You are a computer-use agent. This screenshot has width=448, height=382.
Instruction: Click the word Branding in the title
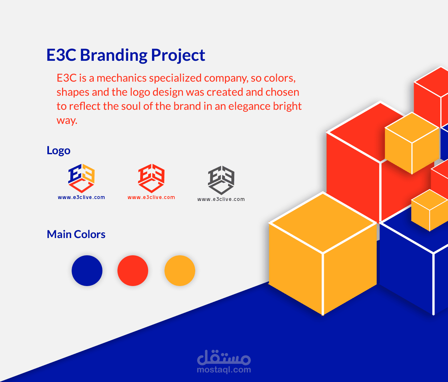pyautogui.click(x=114, y=55)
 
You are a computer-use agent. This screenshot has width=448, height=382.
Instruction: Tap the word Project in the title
pyautogui.click(x=178, y=55)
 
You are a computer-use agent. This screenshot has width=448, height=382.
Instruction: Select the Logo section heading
pyautogui.click(x=59, y=150)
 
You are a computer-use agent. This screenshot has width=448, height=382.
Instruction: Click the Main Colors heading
pyautogui.click(x=76, y=234)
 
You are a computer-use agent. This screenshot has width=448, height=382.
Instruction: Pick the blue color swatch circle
pyautogui.click(x=87, y=271)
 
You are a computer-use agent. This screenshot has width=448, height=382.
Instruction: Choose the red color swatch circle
pyautogui.click(x=133, y=271)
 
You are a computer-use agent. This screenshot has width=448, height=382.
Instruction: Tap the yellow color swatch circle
pyautogui.click(x=180, y=271)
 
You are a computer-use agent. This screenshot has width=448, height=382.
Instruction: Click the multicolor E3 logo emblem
pyautogui.click(x=81, y=178)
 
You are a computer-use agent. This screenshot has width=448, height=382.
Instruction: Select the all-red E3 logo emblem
pyautogui.click(x=151, y=178)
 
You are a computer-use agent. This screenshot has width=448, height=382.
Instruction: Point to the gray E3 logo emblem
pyautogui.click(x=221, y=180)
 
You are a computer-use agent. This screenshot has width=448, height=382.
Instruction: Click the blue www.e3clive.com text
pyautogui.click(x=81, y=197)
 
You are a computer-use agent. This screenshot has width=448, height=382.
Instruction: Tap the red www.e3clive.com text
pyautogui.click(x=151, y=197)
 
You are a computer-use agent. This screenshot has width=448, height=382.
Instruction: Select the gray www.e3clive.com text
pyautogui.click(x=221, y=199)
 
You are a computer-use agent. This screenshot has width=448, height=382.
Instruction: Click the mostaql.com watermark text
pyautogui.click(x=224, y=370)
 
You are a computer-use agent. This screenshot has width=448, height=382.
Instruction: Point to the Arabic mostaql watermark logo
pyautogui.click(x=224, y=357)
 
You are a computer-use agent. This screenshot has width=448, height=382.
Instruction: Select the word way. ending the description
pyautogui.click(x=67, y=121)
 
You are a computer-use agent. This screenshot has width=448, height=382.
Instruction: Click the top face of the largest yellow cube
pyautogui.click(x=323, y=223)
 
